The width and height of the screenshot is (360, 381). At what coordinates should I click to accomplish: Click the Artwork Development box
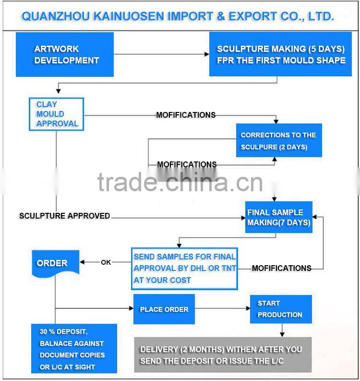click(x=65, y=54)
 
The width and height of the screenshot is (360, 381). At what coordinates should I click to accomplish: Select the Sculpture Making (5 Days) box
click(x=280, y=54)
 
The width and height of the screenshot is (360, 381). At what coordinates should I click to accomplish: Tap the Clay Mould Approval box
click(x=57, y=114)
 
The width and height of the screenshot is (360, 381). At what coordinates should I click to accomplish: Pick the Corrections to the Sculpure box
click(x=278, y=140)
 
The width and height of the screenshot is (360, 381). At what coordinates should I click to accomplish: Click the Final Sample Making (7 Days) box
click(x=278, y=217)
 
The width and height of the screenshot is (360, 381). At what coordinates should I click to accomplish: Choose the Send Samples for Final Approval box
click(x=185, y=268)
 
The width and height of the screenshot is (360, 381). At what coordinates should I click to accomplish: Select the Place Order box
click(x=164, y=309)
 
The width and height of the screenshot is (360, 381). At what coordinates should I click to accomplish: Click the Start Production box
click(x=280, y=309)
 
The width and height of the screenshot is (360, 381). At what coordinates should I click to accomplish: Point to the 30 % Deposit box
click(x=74, y=349)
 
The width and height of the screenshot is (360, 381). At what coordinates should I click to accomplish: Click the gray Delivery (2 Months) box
click(x=223, y=355)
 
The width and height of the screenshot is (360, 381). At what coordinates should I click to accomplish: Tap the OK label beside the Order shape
click(x=106, y=262)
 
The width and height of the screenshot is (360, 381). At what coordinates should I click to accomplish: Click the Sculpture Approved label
click(x=64, y=216)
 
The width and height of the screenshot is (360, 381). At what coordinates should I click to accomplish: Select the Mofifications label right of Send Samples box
click(x=281, y=268)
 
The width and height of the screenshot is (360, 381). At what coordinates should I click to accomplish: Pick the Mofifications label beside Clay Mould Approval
click(x=186, y=115)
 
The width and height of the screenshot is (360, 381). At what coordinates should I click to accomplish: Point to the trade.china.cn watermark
click(x=180, y=182)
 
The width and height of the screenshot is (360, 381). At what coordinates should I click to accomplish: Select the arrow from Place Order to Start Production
click(x=222, y=309)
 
